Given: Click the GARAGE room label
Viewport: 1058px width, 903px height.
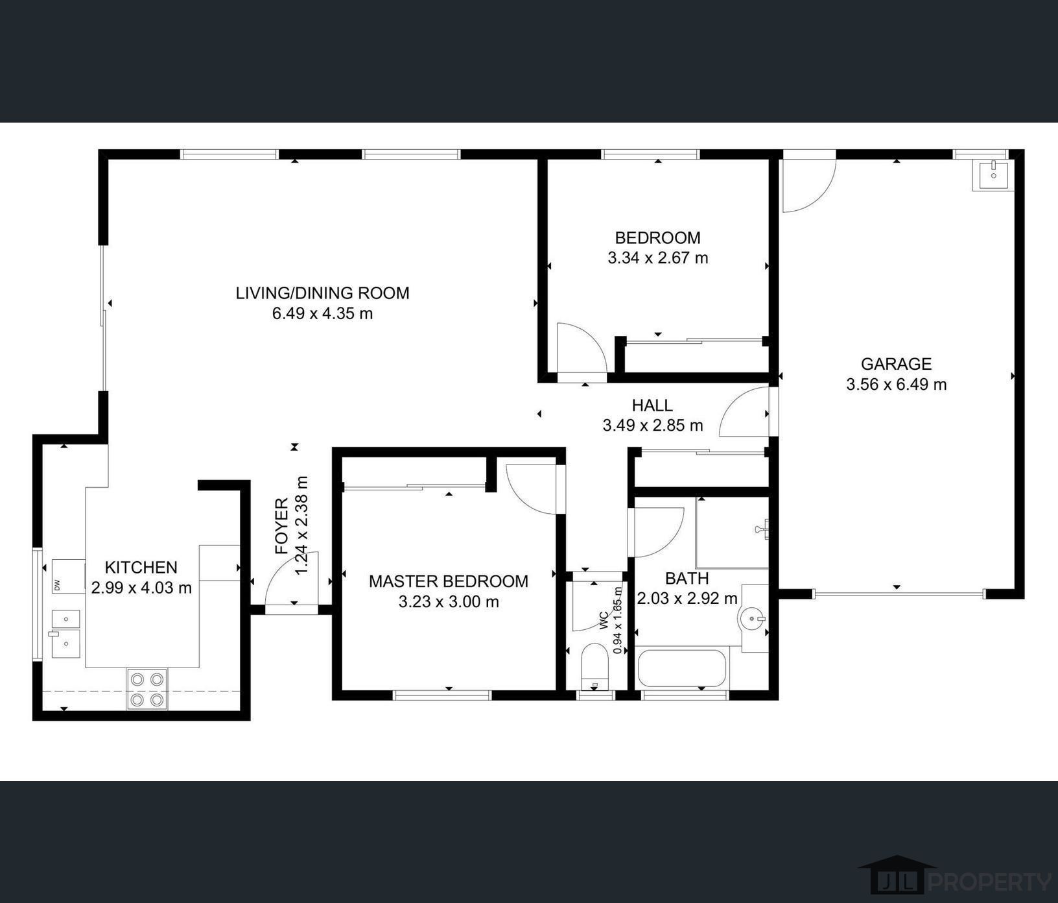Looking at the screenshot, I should (896, 364).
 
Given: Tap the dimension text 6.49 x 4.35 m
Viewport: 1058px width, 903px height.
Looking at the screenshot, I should (322, 314).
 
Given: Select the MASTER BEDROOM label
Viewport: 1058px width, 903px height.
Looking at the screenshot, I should (448, 581).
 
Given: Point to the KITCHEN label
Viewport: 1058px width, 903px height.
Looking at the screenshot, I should (141, 568).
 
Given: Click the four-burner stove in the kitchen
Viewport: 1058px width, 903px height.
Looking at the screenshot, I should (147, 690).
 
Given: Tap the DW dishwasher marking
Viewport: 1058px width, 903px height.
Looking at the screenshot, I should (57, 585).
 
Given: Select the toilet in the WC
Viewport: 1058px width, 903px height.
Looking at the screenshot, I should (594, 665).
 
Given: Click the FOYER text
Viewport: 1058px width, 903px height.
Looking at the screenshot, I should (281, 526).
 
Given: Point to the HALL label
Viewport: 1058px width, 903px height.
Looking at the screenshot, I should (652, 405).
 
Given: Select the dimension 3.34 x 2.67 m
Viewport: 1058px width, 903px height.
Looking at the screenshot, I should (657, 258).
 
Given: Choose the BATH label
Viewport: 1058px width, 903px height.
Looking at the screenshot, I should (687, 578).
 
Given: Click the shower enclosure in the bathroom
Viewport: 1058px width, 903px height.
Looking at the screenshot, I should (731, 533).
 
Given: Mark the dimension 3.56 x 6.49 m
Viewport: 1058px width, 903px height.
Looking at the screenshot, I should (896, 385).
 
